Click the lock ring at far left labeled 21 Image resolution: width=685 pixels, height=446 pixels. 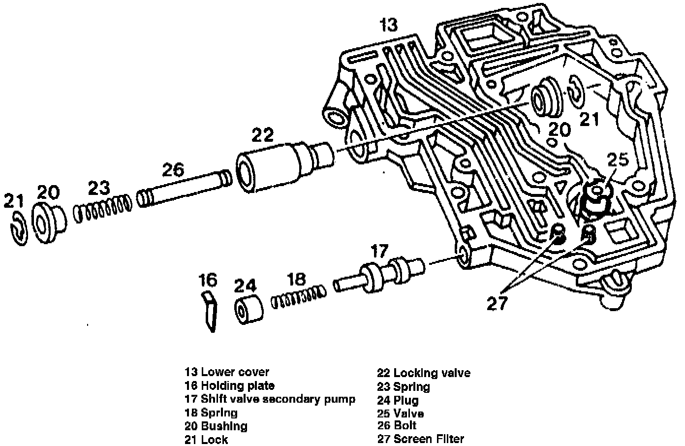click(x=18, y=229)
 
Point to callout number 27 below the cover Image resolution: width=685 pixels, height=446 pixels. click(x=497, y=303)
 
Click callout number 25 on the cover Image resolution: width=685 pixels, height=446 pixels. click(x=618, y=160)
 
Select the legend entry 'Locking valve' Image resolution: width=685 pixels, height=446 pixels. click(x=432, y=373)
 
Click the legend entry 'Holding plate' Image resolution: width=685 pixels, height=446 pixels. click(x=238, y=386)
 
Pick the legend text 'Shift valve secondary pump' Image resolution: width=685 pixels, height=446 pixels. click(x=278, y=399)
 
